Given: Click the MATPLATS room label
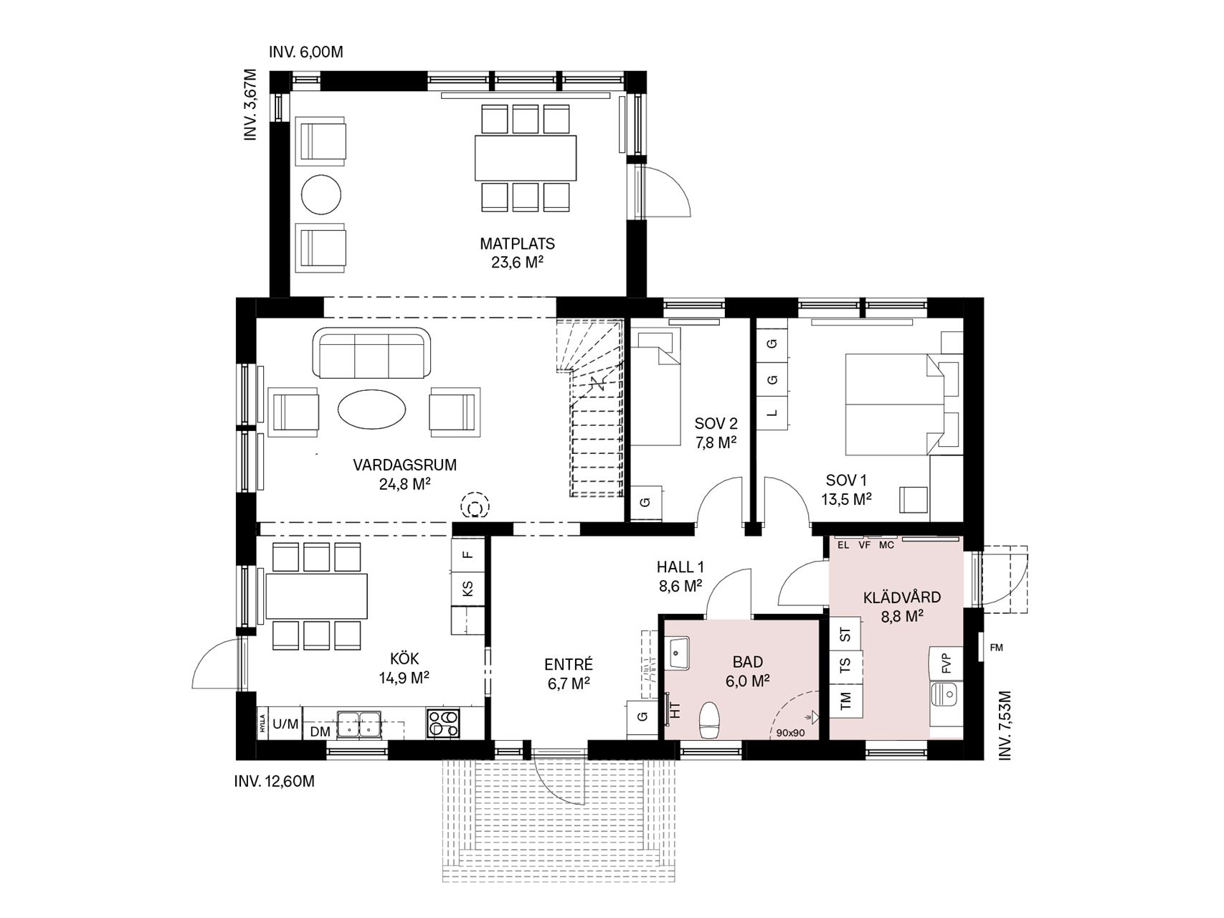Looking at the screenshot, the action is pos(517,244).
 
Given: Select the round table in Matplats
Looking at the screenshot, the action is pos(321,194).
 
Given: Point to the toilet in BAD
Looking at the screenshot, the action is pos(710,720).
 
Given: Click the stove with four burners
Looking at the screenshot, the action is pos(442,723).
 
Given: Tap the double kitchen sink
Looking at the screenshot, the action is pos(359,723).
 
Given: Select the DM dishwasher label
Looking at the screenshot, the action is pos(320,732).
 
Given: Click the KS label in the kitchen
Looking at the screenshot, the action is pos(468,589).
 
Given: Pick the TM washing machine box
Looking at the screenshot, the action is pos(846,699).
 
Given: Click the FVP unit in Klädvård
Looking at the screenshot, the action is pos(946,663).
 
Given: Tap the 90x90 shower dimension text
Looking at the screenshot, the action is pos(792,733).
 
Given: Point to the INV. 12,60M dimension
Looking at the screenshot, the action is pos(275,781).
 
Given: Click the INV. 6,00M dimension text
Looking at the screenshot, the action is pos(306,52).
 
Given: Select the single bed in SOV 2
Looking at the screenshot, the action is pos(655,388).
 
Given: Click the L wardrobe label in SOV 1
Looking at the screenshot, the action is pos(772,413).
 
